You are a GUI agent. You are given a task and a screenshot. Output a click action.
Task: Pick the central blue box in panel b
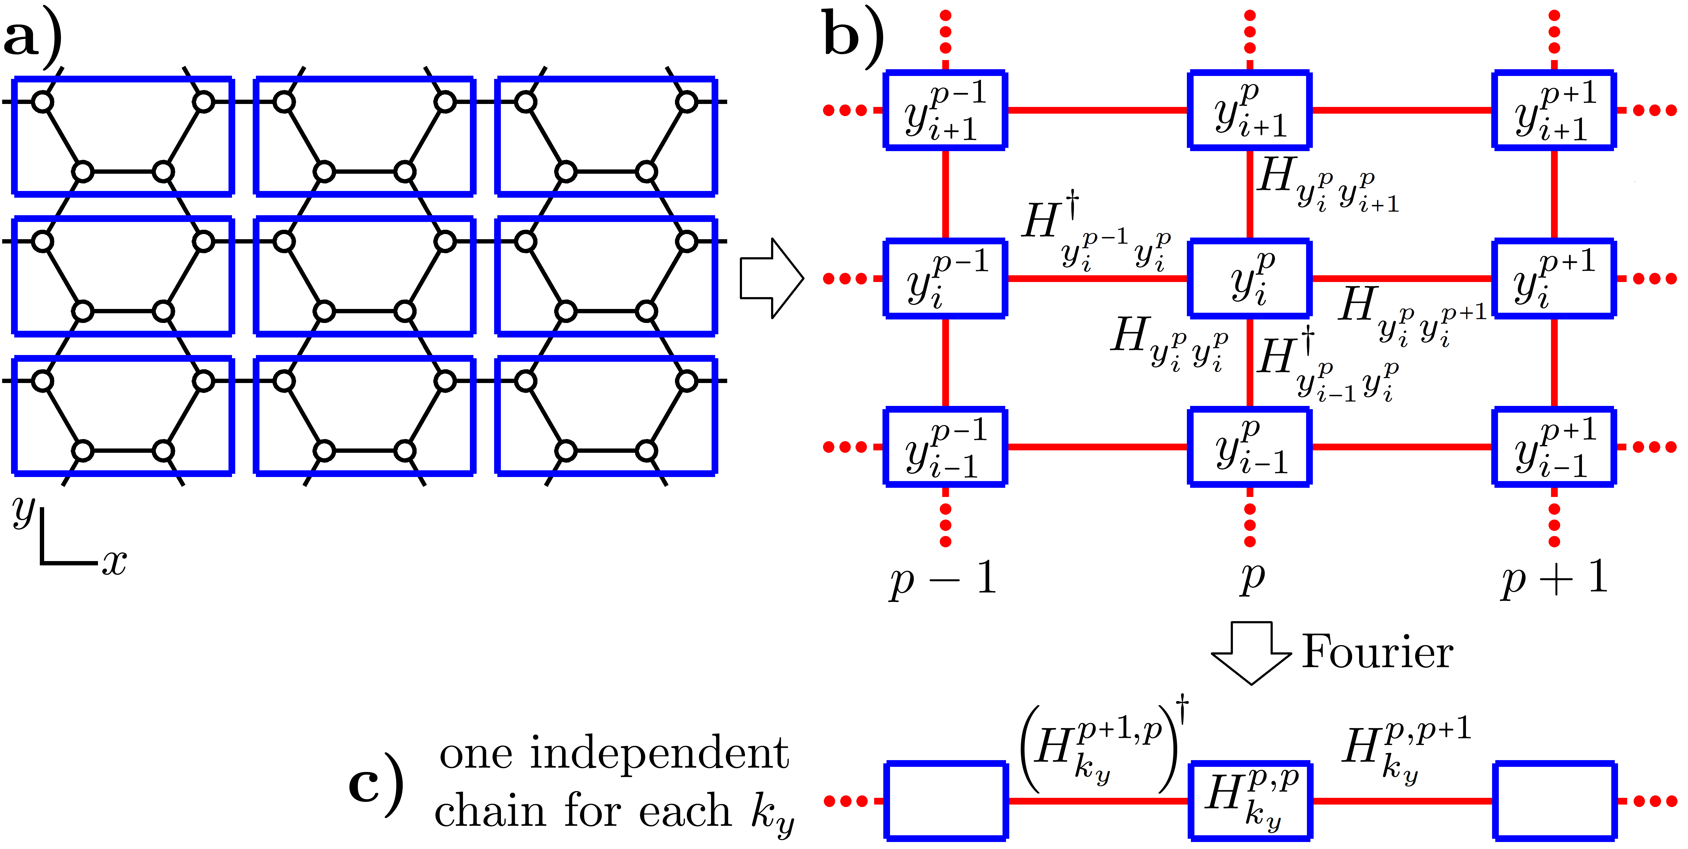pos(1250,279)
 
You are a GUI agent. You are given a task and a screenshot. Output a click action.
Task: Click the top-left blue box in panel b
pos(945,110)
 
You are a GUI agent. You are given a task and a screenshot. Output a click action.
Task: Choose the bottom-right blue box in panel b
pos(1554,447)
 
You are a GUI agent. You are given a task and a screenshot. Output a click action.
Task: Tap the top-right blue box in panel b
pos(1554,110)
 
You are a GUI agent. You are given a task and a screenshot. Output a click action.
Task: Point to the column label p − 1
pos(944,578)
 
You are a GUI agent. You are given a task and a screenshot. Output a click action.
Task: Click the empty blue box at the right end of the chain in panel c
pos(1554,801)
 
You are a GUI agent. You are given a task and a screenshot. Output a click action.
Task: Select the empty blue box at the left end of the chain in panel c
pos(945,801)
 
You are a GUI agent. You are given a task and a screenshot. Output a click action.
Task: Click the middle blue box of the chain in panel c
pos(1250,801)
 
